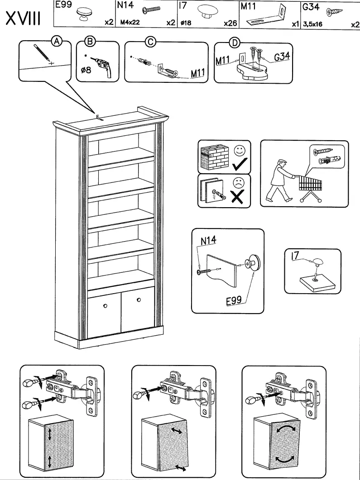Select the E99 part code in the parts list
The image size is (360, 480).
(x=62, y=6)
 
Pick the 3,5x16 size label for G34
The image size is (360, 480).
(x=312, y=24)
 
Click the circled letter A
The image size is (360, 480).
(x=56, y=42)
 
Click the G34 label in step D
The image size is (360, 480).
(x=282, y=57)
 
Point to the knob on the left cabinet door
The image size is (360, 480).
(x=105, y=306)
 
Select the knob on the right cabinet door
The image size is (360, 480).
(x=139, y=299)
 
